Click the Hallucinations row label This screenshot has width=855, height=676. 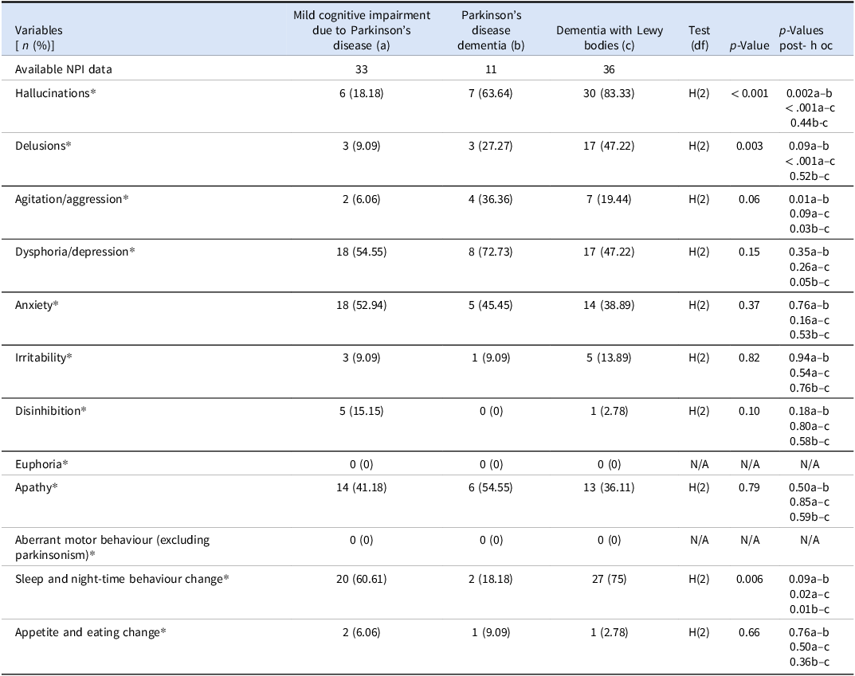tap(55, 93)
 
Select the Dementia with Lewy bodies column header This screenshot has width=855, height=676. tap(609, 37)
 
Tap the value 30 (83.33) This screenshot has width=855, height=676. tap(609, 93)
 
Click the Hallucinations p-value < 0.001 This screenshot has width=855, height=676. tap(749, 93)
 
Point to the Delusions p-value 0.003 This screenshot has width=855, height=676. tap(749, 146)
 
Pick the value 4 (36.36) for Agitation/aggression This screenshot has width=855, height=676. tap(490, 199)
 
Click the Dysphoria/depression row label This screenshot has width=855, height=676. tap(75, 252)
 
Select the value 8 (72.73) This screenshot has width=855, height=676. tap(490, 252)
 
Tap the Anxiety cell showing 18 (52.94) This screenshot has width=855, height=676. tap(361, 305)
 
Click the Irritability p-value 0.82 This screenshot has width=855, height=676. tap(749, 358)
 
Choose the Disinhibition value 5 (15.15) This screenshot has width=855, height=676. tap(361, 412)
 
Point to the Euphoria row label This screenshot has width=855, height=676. tap(41, 464)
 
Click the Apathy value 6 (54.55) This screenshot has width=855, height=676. tap(490, 487)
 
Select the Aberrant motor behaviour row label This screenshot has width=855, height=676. tap(112, 548)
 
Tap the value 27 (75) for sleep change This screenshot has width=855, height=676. tap(609, 579)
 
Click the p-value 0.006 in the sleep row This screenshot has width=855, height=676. tap(749, 579)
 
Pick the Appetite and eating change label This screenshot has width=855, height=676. tap(90, 632)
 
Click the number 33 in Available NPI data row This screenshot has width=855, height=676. tap(361, 69)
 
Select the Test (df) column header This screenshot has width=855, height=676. tap(699, 37)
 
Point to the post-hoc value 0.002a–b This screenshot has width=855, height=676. tap(810, 93)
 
